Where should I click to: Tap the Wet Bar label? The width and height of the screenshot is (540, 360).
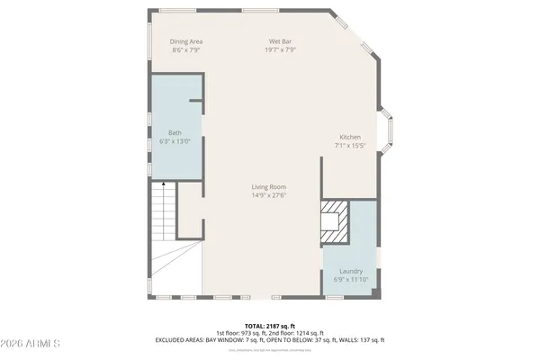(x=280, y=41)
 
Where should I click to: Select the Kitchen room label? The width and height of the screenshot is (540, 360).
(x=349, y=137)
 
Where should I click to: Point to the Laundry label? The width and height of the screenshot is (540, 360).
(x=351, y=271)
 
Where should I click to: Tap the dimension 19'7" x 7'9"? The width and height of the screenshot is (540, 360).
(x=280, y=50)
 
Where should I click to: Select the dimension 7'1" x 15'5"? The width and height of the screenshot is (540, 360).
(x=349, y=145)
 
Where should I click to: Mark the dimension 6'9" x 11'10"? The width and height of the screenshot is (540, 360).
(x=351, y=280)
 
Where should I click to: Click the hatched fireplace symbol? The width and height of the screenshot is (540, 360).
(x=335, y=220)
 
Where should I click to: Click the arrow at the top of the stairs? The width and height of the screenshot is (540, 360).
(x=163, y=183)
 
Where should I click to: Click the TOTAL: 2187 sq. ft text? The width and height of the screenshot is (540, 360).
(x=269, y=326)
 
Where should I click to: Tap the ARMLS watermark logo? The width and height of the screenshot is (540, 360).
(x=31, y=344)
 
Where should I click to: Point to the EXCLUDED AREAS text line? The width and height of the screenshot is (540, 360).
(x=269, y=340)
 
